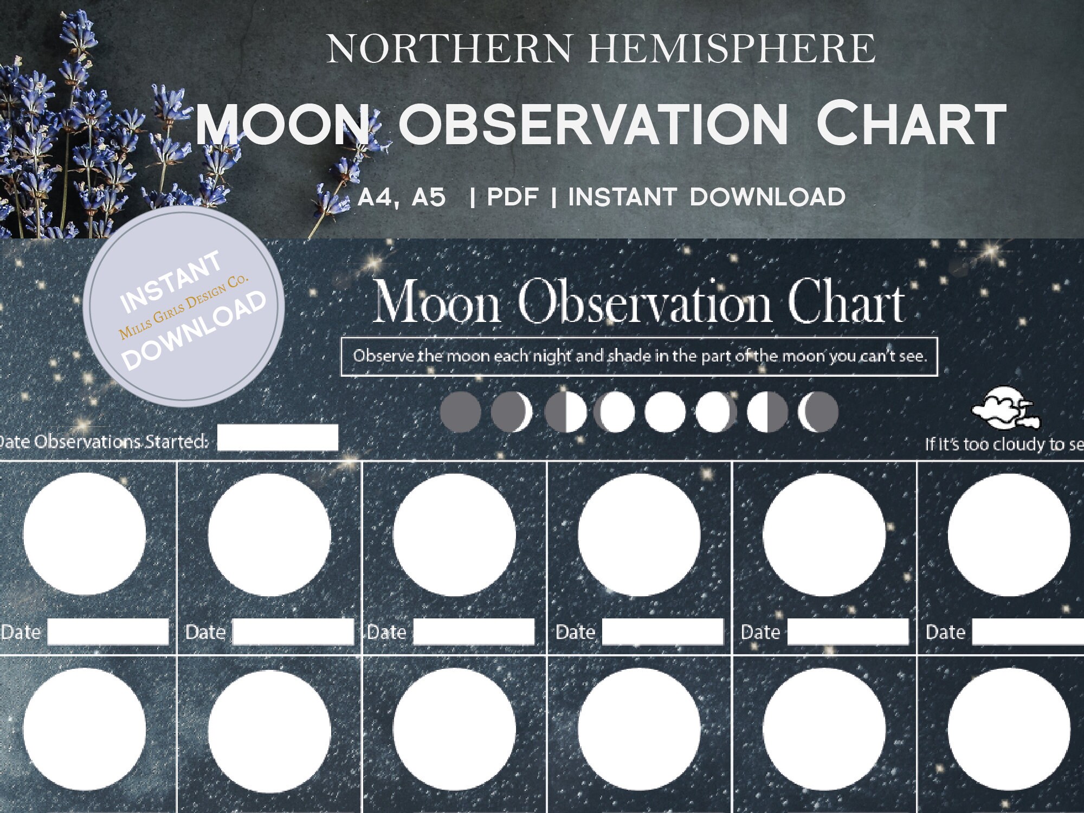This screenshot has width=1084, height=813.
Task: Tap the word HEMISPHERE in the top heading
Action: (x=731, y=49)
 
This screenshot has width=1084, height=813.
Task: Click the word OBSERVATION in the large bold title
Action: (x=593, y=125)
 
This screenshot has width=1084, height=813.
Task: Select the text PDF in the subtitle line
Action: (x=512, y=197)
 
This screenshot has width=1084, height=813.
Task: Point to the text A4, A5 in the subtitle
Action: (x=402, y=197)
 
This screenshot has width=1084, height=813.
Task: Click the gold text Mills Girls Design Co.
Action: (x=184, y=307)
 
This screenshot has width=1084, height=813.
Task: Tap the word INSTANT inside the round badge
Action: (x=171, y=281)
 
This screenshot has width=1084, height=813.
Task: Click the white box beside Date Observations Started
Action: (x=278, y=438)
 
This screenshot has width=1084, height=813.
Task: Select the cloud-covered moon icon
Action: (x=1006, y=408)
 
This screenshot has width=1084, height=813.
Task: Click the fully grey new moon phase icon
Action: (x=461, y=412)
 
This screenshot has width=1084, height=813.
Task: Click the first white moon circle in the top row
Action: (x=85, y=534)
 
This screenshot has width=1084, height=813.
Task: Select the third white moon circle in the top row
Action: (x=454, y=535)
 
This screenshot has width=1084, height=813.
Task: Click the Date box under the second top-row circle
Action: (x=293, y=632)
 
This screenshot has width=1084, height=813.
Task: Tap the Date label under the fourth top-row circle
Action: (x=575, y=632)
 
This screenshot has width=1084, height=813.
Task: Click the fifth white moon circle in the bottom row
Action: (x=824, y=730)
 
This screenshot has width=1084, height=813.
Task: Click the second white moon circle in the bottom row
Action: (x=269, y=730)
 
